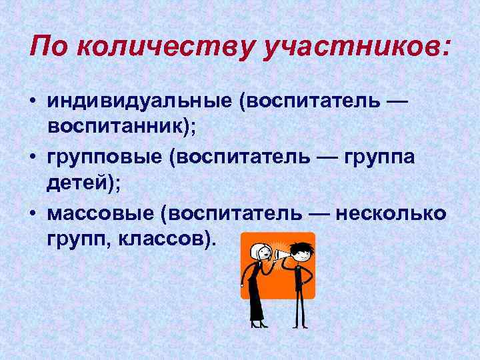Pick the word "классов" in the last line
coord(166,238)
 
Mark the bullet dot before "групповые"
coord(33,159)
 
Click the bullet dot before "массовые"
coord(33,215)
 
